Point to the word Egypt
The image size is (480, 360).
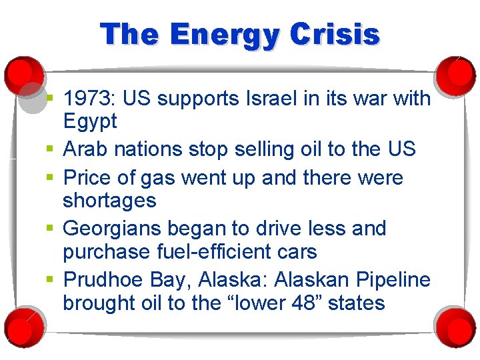(x=90, y=122)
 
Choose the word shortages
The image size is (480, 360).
(x=109, y=200)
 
